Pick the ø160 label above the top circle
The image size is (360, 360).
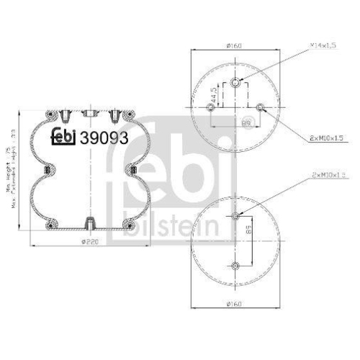click(233, 46)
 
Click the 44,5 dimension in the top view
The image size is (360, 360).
click(213, 94)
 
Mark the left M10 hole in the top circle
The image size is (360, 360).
click(210, 108)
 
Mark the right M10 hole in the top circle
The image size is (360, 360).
click(259, 108)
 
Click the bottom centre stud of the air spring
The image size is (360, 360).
click(89, 222)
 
